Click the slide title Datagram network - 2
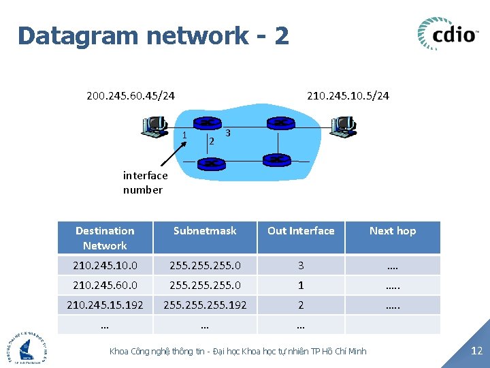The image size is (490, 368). pyautogui.click(x=154, y=35)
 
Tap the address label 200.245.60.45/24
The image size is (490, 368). pyautogui.click(x=131, y=95)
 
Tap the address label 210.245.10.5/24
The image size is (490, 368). pyautogui.click(x=348, y=95)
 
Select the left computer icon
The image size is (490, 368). pyautogui.click(x=154, y=127)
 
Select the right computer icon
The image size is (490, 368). pyautogui.click(x=342, y=126)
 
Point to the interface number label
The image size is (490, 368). pyautogui.click(x=145, y=183)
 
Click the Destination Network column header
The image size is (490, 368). pyautogui.click(x=105, y=238)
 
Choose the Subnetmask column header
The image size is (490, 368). pyautogui.click(x=205, y=231)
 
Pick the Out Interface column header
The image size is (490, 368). pyautogui.click(x=301, y=231)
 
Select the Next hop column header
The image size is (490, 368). pyautogui.click(x=393, y=231)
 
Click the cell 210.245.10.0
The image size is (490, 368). pyautogui.click(x=105, y=265)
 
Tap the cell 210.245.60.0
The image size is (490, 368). pyautogui.click(x=105, y=285)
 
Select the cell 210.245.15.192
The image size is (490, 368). pyautogui.click(x=105, y=305)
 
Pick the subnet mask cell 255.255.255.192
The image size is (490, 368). pyautogui.click(x=205, y=305)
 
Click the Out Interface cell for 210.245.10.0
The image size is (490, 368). pyautogui.click(x=301, y=265)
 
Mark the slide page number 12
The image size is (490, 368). pyautogui.click(x=477, y=351)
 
